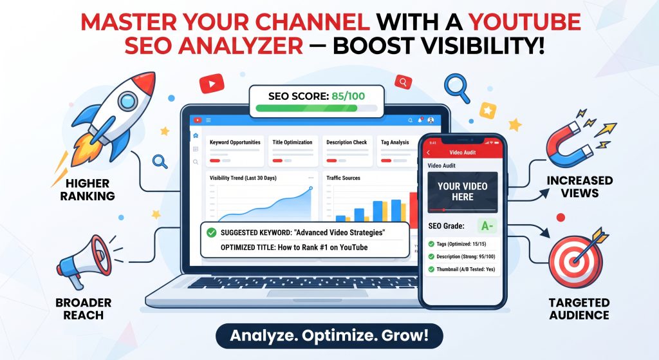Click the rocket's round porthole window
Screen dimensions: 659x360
[128, 101]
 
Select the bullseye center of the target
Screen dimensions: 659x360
[575, 261]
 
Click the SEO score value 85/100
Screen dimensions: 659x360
[348, 97]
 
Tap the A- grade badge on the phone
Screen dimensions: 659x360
[487, 226]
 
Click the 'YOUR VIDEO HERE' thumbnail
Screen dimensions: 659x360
[462, 192]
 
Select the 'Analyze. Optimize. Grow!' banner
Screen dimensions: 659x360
[329, 336]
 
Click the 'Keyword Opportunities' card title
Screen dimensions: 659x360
[235, 142]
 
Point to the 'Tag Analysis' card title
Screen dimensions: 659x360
[394, 142]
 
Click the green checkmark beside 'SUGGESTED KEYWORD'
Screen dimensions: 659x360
[211, 232]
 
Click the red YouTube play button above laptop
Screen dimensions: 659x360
[212, 84]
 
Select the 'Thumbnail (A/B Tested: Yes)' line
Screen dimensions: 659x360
[461, 269]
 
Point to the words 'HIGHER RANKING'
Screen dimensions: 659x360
[88, 190]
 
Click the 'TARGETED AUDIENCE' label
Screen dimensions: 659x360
[579, 308]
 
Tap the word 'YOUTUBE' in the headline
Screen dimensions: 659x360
[524, 22]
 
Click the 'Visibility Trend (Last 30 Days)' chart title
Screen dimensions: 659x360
[243, 178]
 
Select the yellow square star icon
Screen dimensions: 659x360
[488, 111]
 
